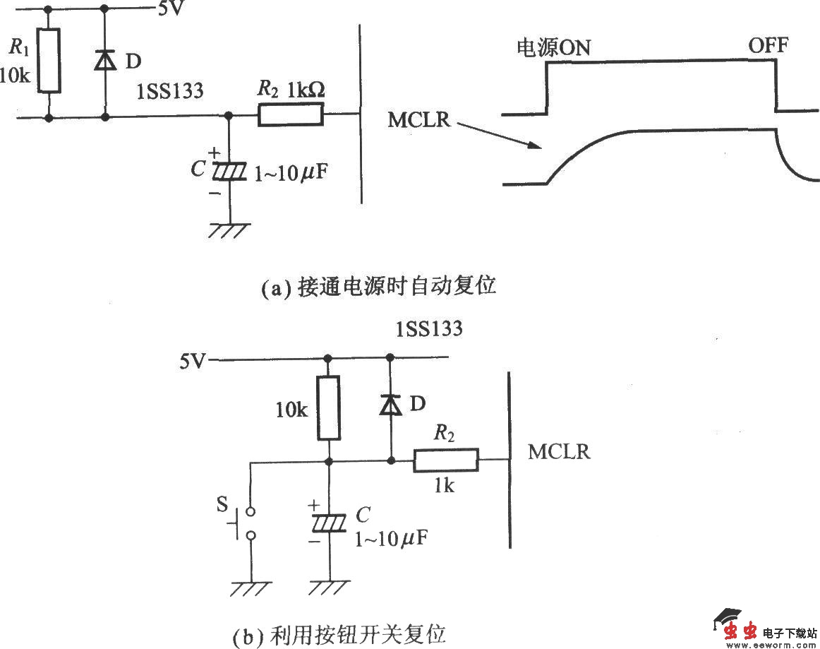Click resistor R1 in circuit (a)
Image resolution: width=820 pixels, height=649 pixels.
49,61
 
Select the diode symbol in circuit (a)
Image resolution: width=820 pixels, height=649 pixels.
105,61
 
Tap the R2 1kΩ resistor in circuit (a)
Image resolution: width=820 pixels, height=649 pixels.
291,114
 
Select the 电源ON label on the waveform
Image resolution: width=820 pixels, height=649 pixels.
554,47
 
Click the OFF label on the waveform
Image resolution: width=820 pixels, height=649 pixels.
768,46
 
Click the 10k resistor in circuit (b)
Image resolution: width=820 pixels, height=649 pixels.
328,409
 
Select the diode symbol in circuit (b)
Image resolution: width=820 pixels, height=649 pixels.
390,405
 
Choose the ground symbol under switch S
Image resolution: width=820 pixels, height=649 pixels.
251,588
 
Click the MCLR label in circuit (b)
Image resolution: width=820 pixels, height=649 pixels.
559,452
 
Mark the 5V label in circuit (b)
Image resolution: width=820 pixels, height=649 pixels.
193,362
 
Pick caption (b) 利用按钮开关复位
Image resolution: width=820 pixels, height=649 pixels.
339,634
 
